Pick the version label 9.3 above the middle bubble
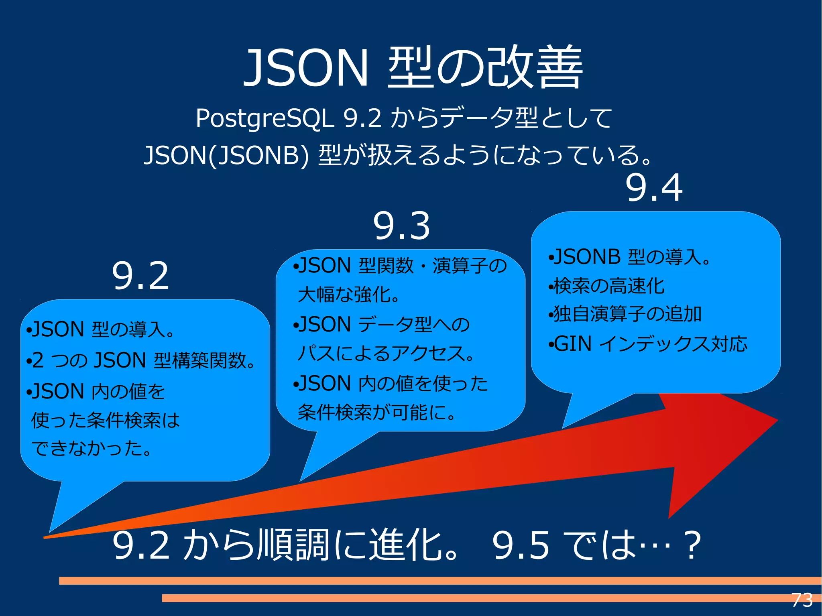tap(402, 226)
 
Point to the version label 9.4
tap(654, 187)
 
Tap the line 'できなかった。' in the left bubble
tap(92, 448)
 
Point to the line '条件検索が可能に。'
tap(377, 412)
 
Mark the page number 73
tap(802, 600)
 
